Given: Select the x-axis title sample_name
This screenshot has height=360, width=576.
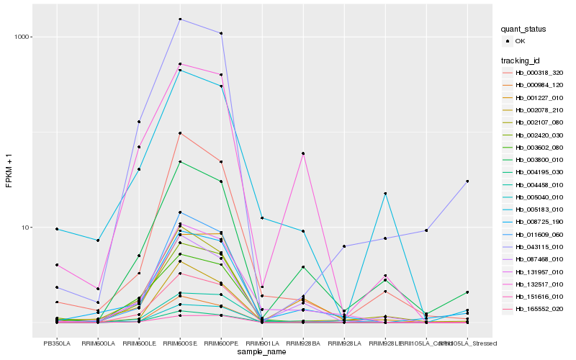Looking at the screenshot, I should click(x=262, y=351).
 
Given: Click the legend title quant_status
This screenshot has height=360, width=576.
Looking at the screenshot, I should click(x=524, y=30).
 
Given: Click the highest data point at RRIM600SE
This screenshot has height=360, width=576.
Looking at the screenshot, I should click(x=180, y=19).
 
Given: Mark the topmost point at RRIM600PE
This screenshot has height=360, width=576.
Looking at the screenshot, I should click(x=221, y=33).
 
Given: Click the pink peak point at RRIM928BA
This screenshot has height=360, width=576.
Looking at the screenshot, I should click(x=303, y=153).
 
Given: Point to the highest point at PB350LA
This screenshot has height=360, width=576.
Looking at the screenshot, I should click(x=57, y=229).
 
